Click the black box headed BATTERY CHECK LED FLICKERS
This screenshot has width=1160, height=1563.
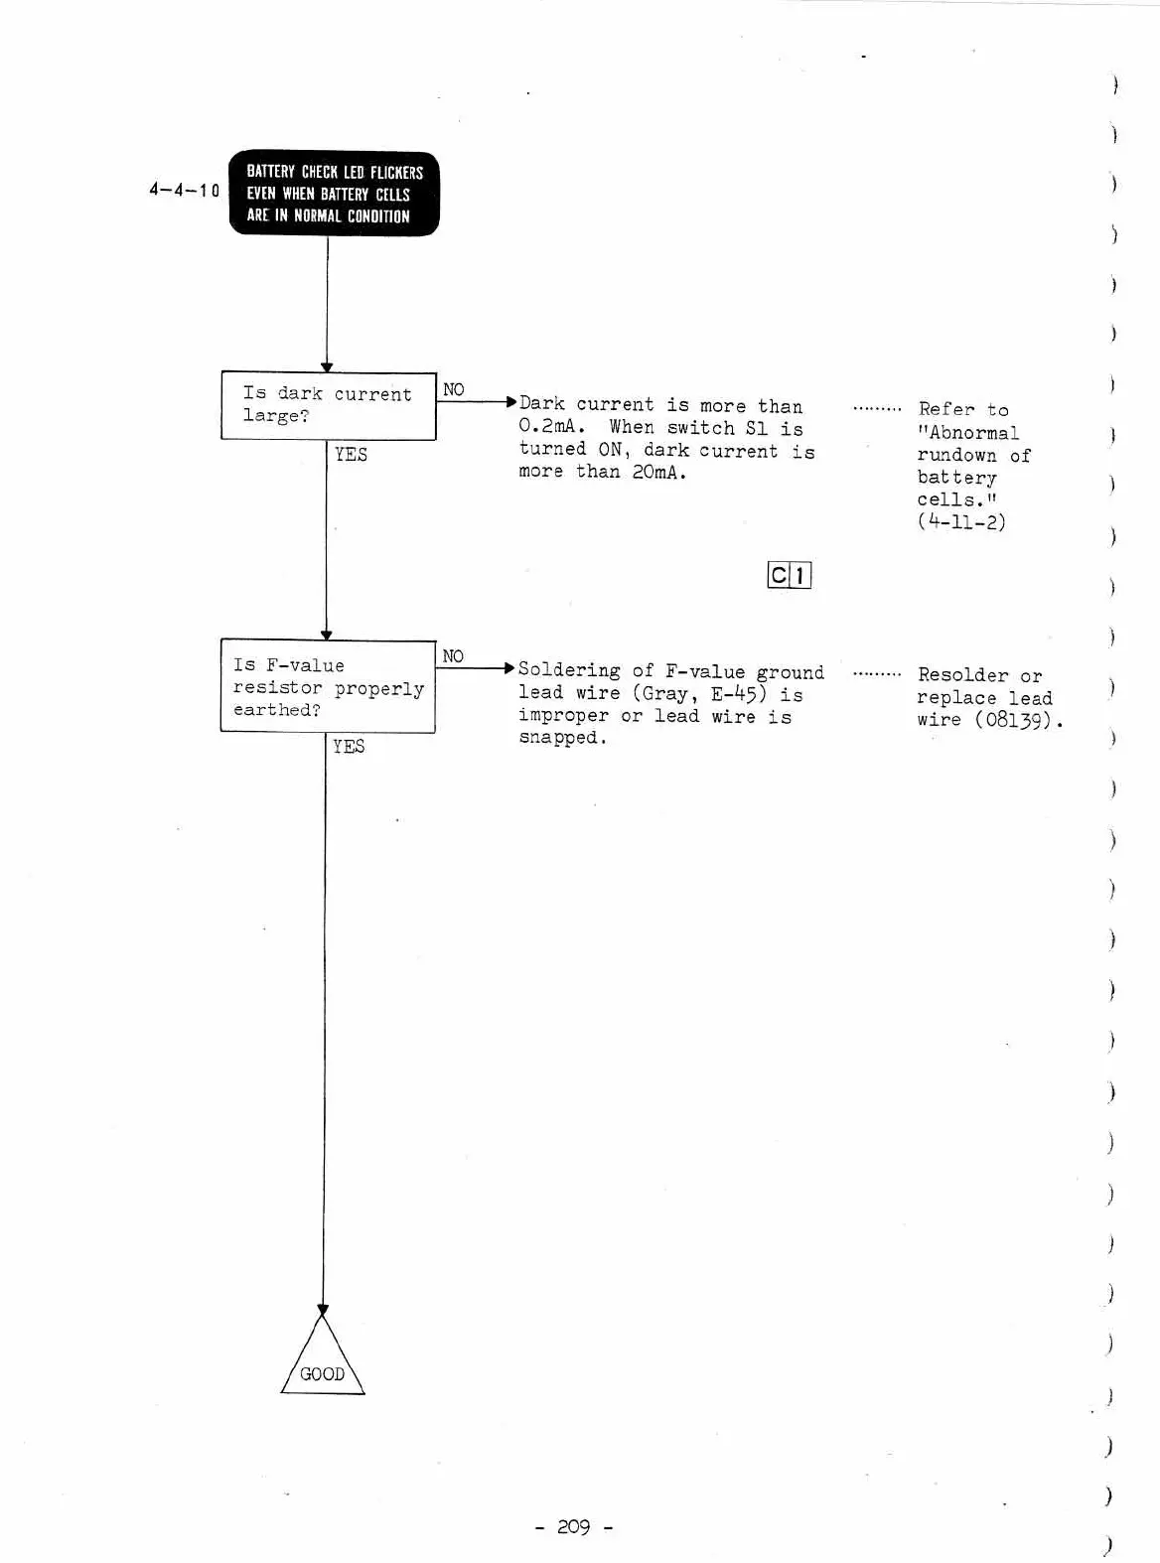pos(334,194)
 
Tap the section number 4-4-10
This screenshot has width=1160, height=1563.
pos(184,190)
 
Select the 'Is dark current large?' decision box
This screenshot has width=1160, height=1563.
pos(328,406)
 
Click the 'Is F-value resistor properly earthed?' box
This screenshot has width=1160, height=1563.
pos(328,686)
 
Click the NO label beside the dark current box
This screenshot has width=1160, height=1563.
pos(453,389)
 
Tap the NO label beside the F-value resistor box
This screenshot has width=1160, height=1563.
pos(453,656)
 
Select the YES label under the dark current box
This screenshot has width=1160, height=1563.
pos(351,455)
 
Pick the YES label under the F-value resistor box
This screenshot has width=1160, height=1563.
pos(349,747)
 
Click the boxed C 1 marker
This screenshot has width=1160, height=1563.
pos(790,575)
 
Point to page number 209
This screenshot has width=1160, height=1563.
pos(573,1527)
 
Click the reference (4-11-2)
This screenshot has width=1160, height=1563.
pos(960,522)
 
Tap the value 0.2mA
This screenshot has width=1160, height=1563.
pos(551,428)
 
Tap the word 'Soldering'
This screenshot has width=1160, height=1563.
pos(569,671)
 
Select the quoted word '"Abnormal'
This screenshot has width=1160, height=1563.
pos(968,433)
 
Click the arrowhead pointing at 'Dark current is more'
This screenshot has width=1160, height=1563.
pos(511,402)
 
